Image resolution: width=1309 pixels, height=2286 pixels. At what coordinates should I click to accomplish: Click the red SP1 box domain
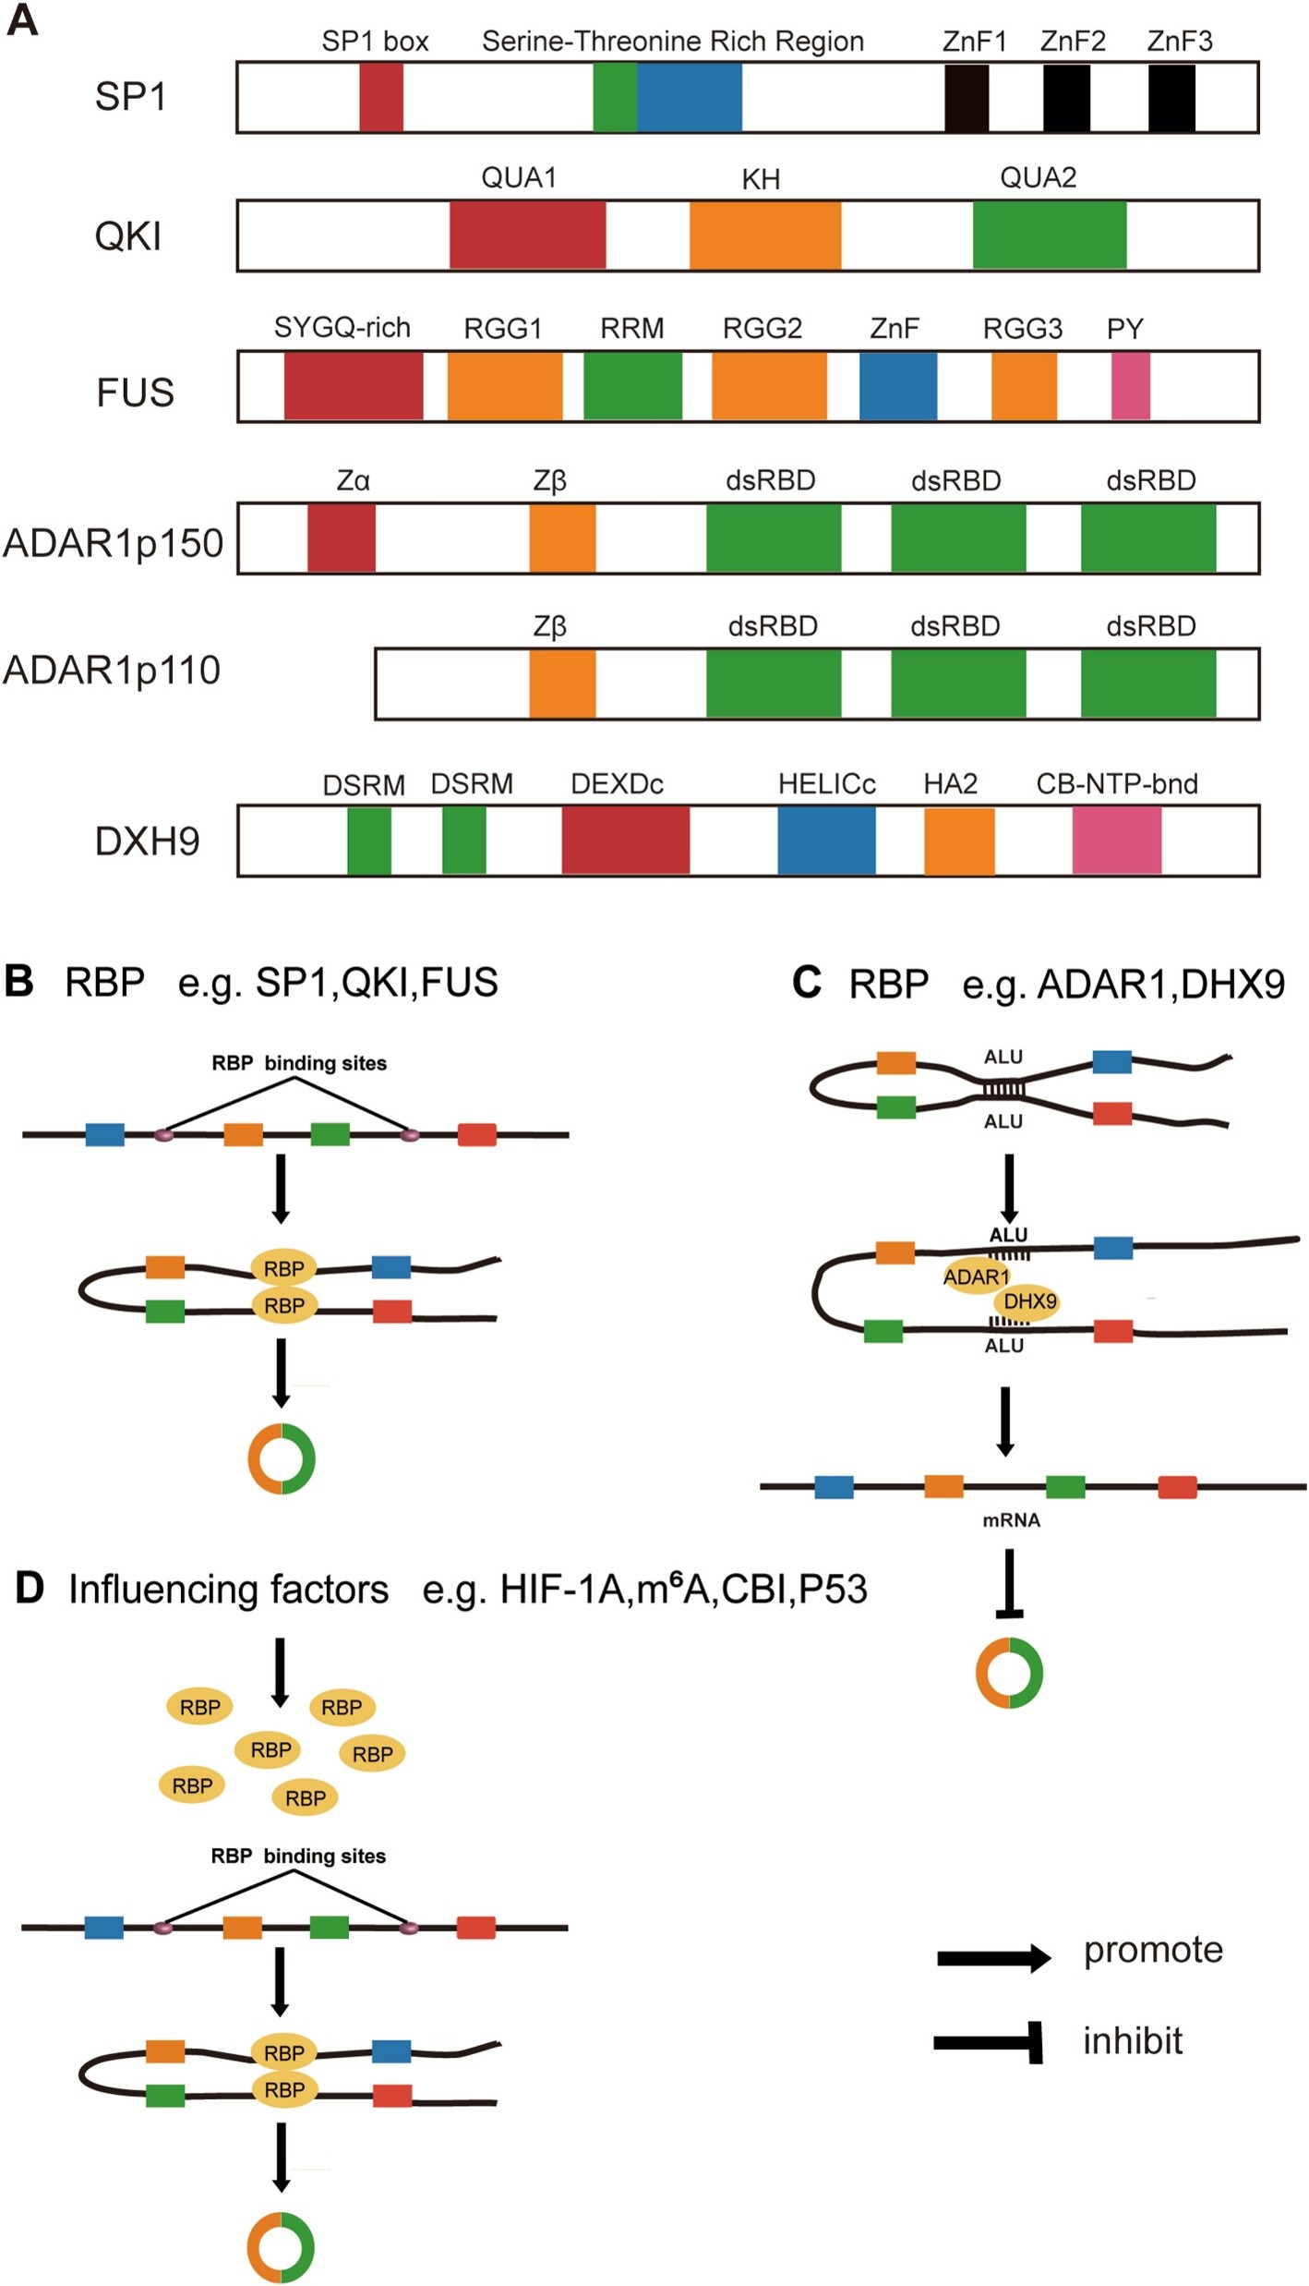[x=380, y=97]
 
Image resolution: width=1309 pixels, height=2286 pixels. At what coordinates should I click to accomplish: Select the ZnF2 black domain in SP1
[x=1066, y=97]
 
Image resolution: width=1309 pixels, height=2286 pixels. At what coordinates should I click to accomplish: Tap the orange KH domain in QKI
[x=765, y=235]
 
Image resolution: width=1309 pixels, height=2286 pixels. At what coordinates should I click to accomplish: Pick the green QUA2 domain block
[x=1050, y=235]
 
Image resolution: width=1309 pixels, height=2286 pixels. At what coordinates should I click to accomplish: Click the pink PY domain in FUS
[x=1131, y=386]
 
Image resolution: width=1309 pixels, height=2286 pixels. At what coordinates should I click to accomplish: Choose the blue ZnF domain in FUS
[x=898, y=386]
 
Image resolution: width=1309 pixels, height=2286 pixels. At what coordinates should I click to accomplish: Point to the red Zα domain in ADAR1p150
[x=342, y=538]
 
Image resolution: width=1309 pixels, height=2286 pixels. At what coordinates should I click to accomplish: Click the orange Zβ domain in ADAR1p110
[x=562, y=683]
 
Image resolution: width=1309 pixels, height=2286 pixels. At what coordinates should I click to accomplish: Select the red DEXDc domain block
[x=626, y=840]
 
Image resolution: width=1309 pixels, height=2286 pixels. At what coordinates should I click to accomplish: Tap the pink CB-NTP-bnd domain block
[x=1117, y=840]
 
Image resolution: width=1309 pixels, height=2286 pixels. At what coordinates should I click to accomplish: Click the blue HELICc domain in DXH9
[x=826, y=840]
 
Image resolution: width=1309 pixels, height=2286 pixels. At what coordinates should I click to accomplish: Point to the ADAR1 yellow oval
[x=976, y=1276]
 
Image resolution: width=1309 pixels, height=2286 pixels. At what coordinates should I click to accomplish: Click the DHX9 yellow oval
[x=1029, y=1301]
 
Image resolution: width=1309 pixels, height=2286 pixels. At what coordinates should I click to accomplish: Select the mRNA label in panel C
[x=1011, y=1520]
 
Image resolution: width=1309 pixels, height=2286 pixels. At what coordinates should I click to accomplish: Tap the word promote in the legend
[x=1153, y=1950]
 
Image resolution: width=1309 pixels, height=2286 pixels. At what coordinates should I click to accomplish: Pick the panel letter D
[x=30, y=1589]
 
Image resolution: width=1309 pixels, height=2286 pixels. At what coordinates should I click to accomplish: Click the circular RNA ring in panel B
[x=282, y=1459]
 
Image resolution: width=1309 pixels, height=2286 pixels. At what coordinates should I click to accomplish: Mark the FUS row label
[x=135, y=392]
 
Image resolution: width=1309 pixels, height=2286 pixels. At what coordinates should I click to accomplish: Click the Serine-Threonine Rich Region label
[x=673, y=42]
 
